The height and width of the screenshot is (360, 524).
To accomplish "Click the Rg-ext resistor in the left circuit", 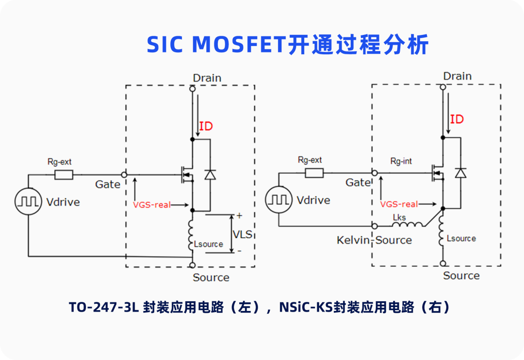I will [64, 175].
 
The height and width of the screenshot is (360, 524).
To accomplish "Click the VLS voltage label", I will [243, 234].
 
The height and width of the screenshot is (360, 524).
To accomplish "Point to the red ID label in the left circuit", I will [206, 127].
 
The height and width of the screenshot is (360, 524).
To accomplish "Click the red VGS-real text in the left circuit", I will [152, 205].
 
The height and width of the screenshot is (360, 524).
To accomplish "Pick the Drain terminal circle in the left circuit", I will [192, 89].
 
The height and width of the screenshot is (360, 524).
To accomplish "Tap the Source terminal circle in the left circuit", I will [192, 265].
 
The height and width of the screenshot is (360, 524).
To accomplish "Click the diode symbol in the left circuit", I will [210, 174].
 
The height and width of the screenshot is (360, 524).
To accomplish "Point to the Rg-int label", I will [401, 161].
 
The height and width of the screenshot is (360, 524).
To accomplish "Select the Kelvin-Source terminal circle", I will [374, 226].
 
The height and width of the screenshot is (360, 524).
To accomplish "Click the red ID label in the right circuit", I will [457, 119].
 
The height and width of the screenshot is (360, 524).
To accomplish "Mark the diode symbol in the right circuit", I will [460, 173].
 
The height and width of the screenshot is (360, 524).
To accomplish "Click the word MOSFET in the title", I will [237, 45].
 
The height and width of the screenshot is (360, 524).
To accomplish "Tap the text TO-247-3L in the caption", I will [104, 307].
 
